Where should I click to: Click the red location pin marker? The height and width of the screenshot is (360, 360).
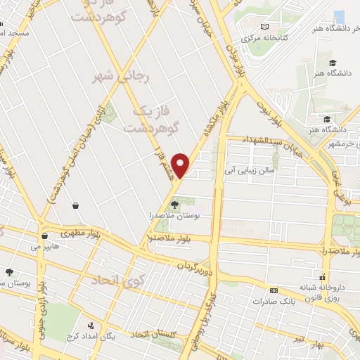click(181, 165)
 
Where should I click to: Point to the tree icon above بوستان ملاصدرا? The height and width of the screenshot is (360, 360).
click(174, 205)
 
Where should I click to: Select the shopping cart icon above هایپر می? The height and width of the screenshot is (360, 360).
click(44, 236)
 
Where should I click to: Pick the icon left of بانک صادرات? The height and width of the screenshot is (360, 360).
click(274, 290)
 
